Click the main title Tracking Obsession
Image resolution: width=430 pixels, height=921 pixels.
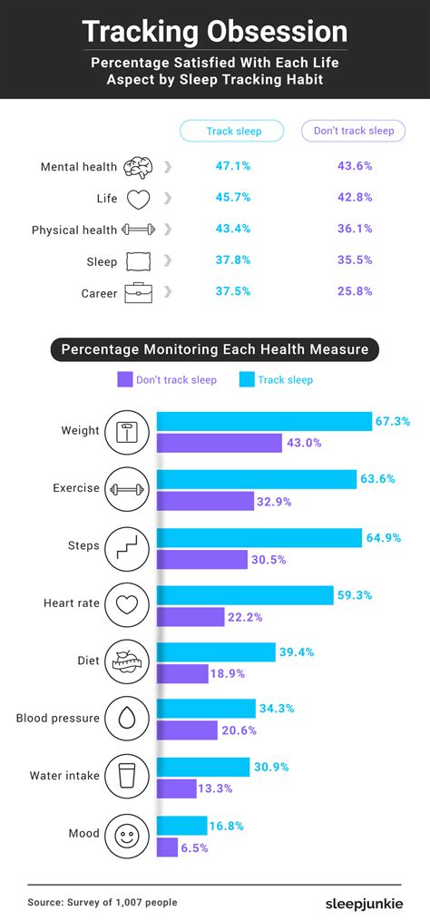[215, 33]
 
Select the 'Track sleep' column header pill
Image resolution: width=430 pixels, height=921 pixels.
[233, 131]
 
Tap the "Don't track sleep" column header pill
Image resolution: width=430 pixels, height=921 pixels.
[353, 131]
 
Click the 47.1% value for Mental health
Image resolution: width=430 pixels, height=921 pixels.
[233, 167]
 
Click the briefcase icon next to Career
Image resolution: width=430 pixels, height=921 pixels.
[138, 292]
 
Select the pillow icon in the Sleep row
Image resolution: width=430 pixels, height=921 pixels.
[137, 261]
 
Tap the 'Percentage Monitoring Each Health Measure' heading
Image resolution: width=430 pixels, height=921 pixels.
[214, 349]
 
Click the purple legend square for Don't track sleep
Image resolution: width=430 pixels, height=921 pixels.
[125, 379]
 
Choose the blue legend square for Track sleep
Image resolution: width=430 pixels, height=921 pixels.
[246, 379]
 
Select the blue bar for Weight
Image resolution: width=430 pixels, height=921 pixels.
[264, 421]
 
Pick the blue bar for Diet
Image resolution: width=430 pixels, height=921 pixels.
[216, 652]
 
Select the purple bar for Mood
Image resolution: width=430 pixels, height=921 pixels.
[167, 847]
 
